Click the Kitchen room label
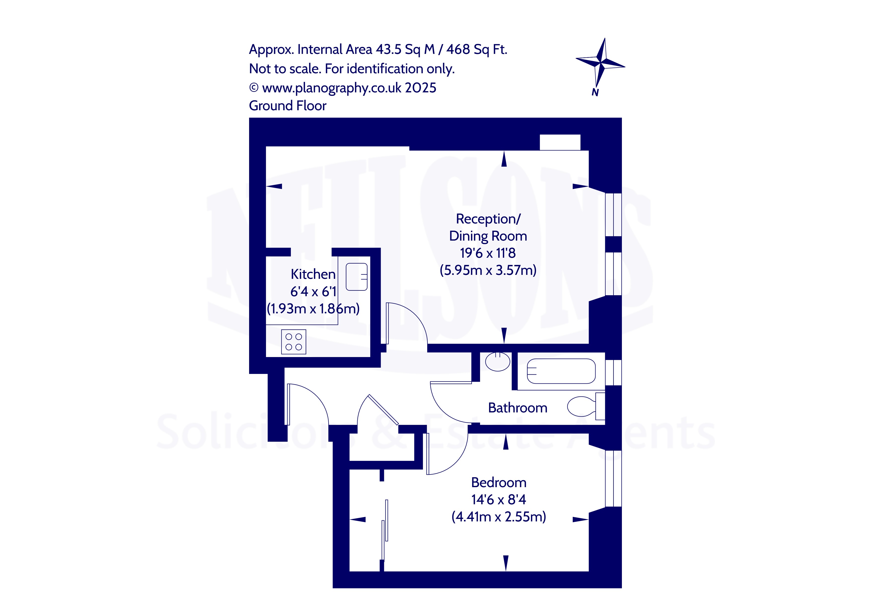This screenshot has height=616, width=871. [x=313, y=274]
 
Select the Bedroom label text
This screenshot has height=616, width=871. [x=499, y=482]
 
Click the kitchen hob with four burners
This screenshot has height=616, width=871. [x=294, y=342]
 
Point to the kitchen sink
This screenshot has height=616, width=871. [x=357, y=277]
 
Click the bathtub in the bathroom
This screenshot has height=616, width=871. [x=561, y=371]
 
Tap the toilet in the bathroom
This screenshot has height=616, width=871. [x=586, y=406]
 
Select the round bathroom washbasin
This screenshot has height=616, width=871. [x=498, y=362]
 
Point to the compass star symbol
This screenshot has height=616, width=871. [x=601, y=63]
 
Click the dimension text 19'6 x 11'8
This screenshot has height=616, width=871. [x=488, y=253]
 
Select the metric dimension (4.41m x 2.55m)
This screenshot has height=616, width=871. [x=499, y=517]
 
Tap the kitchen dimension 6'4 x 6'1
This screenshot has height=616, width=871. [x=313, y=292]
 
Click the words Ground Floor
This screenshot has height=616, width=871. [x=288, y=106]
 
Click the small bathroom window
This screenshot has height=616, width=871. [x=613, y=372]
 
